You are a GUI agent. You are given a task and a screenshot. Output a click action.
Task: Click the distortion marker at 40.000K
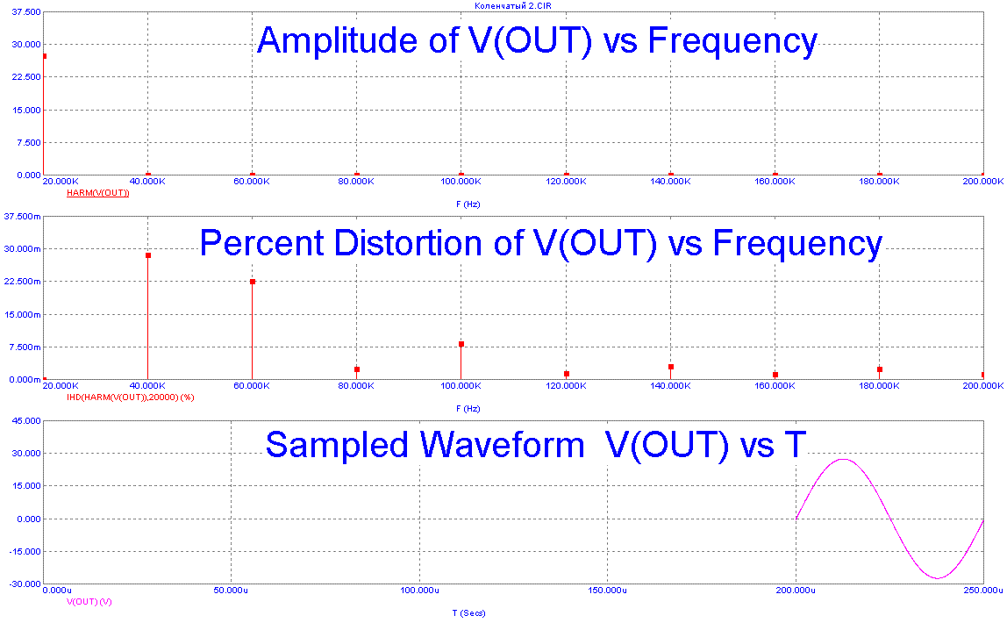click(148, 255)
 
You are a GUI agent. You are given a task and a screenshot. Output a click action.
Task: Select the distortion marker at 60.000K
click(253, 282)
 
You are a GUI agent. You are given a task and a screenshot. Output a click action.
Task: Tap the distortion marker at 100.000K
click(461, 344)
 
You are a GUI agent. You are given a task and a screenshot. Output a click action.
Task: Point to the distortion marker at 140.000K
click(671, 367)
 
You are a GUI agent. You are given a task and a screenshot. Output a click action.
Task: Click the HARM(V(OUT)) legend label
click(98, 192)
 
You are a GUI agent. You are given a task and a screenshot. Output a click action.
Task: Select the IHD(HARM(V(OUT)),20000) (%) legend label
click(130, 397)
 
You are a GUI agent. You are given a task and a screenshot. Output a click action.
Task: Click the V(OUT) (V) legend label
click(89, 602)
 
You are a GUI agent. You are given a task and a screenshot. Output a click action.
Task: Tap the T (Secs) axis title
click(469, 613)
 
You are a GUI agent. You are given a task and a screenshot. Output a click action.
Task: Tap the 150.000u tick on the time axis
click(607, 591)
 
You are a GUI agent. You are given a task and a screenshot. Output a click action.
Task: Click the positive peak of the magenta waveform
click(843, 459)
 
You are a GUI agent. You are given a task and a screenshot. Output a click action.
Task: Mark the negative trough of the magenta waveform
click(937, 578)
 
